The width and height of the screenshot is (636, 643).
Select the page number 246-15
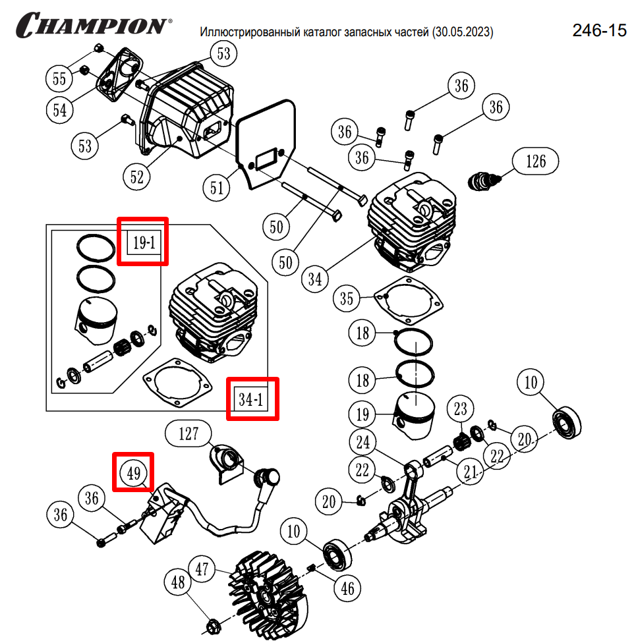click(x=599, y=30)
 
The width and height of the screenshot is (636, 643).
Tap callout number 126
click(x=535, y=160)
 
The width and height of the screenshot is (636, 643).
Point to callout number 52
click(x=137, y=177)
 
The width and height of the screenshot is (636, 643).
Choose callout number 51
click(x=217, y=188)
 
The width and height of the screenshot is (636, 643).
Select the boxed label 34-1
click(x=252, y=399)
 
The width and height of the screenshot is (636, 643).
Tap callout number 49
click(x=134, y=472)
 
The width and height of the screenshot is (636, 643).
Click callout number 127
click(x=188, y=433)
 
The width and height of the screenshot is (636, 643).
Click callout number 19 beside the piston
click(x=362, y=415)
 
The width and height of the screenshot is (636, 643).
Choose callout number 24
click(x=363, y=441)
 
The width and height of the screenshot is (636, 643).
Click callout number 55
click(x=59, y=79)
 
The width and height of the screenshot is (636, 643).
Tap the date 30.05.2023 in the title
click(x=462, y=32)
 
